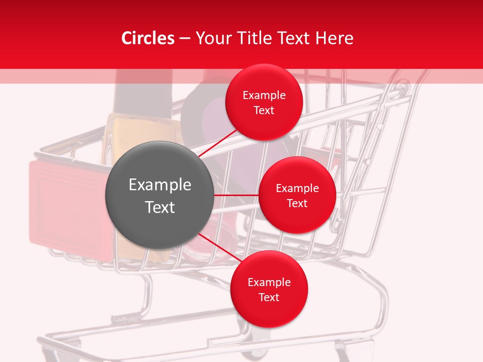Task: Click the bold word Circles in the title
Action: pyautogui.click(x=147, y=38)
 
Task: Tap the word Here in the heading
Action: pyautogui.click(x=334, y=38)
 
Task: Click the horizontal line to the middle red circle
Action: pyautogui.click(x=236, y=195)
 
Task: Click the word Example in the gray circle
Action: pyautogui.click(x=160, y=185)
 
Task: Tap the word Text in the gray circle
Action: pyautogui.click(x=160, y=207)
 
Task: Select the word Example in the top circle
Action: pyautogui.click(x=264, y=95)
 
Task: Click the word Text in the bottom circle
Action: pyautogui.click(x=269, y=297)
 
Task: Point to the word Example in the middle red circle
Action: pyautogui.click(x=297, y=188)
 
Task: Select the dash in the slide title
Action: pyautogui.click(x=185, y=39)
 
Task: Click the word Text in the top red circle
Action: pyautogui.click(x=264, y=110)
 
